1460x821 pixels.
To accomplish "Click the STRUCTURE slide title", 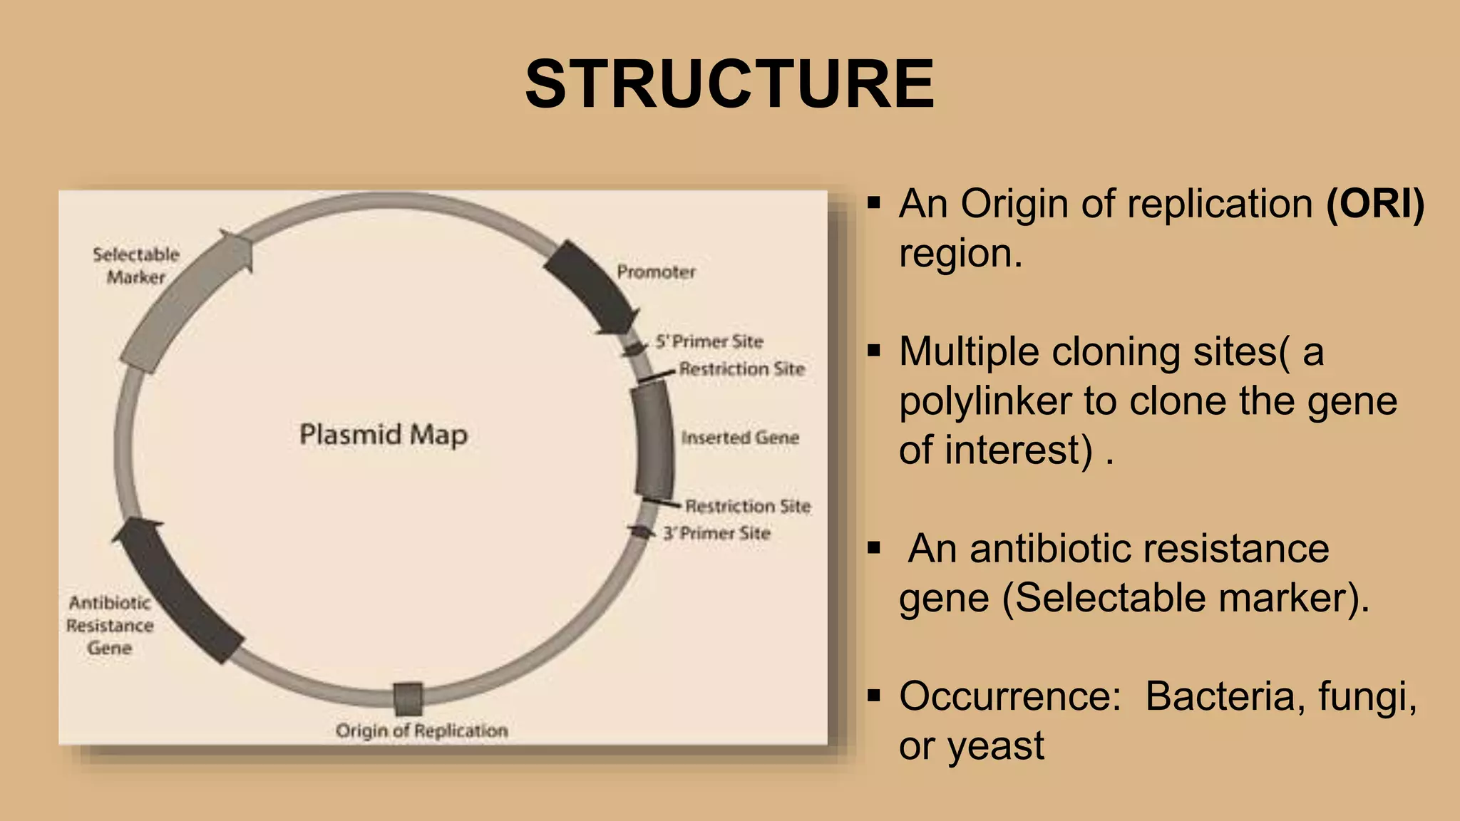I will point(729,84).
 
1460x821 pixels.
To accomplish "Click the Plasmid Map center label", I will point(384,434).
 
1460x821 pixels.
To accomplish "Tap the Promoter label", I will point(656,272).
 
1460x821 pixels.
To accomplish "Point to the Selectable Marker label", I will point(135,265).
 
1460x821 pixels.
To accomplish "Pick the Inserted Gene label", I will point(740,438).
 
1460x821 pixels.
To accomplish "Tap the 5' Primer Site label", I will point(709,341).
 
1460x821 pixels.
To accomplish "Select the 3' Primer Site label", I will point(716,533).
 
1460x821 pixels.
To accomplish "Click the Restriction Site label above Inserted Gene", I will point(741,368).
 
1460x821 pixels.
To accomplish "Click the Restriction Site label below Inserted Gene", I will point(748,506).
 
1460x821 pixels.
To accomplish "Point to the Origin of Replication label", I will point(421,730).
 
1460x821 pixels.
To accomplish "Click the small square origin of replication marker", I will point(408,699).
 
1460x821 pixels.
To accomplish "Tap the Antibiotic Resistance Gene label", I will point(110,625).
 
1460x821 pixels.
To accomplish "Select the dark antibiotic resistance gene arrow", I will point(178,592).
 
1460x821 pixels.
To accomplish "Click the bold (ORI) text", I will point(1374,204).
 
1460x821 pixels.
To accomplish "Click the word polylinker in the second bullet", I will point(985,401).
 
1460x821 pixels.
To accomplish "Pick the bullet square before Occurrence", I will point(874,695).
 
